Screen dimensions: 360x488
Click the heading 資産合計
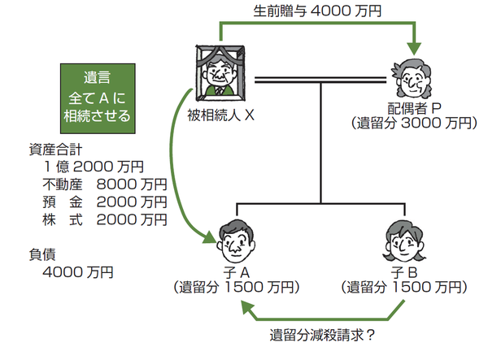coord(55,149)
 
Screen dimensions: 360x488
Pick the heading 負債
coord(41,254)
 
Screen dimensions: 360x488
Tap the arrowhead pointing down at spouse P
coord(416,42)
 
